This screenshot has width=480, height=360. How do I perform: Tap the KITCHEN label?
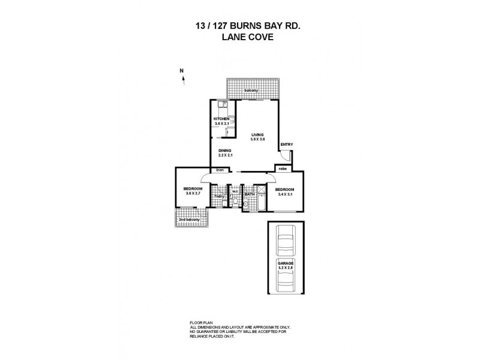221,119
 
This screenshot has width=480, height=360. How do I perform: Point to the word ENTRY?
287,145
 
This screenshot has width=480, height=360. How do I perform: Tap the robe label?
282,169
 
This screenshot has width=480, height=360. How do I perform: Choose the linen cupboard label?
220,170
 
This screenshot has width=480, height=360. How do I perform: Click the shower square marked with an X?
260,188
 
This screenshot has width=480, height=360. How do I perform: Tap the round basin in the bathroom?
245,205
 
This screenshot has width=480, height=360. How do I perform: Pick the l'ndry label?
220,196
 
